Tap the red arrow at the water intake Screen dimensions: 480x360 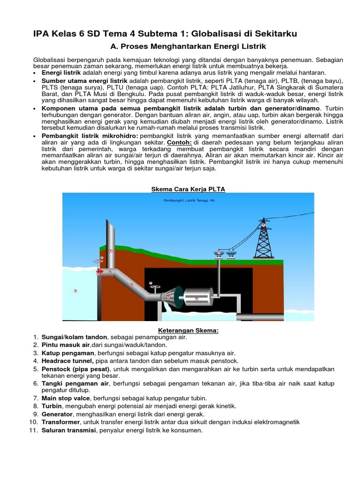coord(100,271)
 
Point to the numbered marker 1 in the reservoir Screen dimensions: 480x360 coord(75,291)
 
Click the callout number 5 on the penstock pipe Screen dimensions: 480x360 coord(131,285)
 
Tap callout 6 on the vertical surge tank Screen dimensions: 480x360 coord(111,251)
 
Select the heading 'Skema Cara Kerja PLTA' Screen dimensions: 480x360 coord(188,189)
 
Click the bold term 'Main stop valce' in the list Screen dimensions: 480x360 coord(66,398)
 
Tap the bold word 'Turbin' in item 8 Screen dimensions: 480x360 coord(52,406)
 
